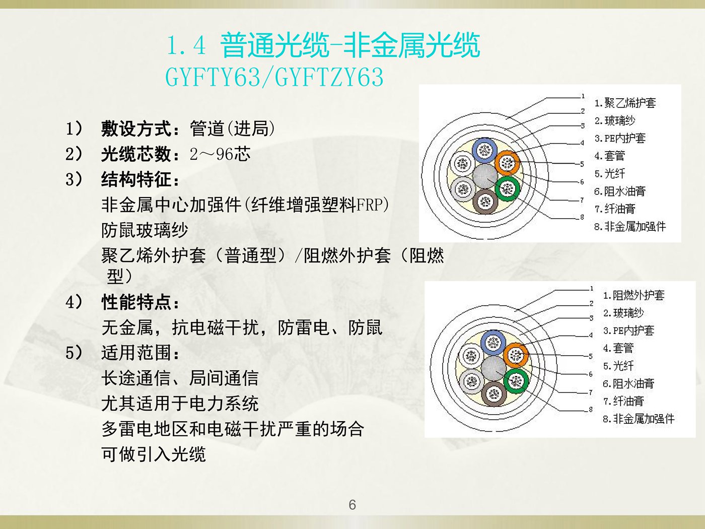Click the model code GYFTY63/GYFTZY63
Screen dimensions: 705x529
(274, 77)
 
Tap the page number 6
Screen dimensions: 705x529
(352, 505)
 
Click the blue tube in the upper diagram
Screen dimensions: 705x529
(484, 150)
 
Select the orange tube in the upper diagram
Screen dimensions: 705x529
(507, 163)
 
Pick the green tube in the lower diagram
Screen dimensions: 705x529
(516, 381)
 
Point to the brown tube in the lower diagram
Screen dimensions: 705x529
(495, 394)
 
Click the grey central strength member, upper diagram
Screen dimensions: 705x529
(484, 176)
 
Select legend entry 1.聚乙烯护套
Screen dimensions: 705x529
(625, 103)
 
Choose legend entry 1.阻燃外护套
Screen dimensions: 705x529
(633, 295)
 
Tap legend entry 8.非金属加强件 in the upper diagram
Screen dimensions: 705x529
(630, 226)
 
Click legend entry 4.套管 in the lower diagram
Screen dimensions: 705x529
(618, 348)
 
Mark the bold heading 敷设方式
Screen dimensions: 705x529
(136, 129)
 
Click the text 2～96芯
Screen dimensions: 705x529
(220, 155)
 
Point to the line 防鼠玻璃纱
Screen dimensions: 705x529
(145, 230)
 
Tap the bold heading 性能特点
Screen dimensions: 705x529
(136, 303)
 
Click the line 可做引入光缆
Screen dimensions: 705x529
(154, 454)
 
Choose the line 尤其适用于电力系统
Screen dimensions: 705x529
(180, 404)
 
